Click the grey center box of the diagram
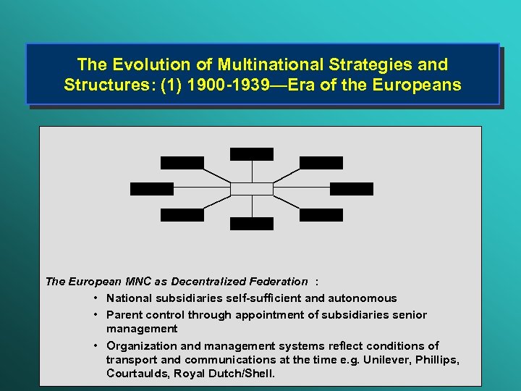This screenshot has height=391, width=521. pyautogui.click(x=252, y=188)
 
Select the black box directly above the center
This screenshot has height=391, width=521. pyautogui.click(x=252, y=154)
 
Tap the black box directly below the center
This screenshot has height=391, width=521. pyautogui.click(x=252, y=224)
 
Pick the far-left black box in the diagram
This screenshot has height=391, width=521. pyautogui.click(x=152, y=189)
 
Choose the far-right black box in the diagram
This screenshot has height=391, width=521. pyautogui.click(x=352, y=189)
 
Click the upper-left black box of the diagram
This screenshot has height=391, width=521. pyautogui.click(x=182, y=163)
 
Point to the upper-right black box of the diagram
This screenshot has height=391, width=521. pyautogui.click(x=321, y=163)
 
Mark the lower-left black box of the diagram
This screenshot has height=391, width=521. pyautogui.click(x=182, y=215)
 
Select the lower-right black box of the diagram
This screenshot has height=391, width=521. pyautogui.click(x=321, y=215)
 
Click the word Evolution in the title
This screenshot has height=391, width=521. pyautogui.click(x=145, y=65)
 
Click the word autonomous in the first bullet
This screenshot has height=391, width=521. pyautogui.click(x=364, y=298)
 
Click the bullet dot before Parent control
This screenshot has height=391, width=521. pyautogui.click(x=96, y=315)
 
